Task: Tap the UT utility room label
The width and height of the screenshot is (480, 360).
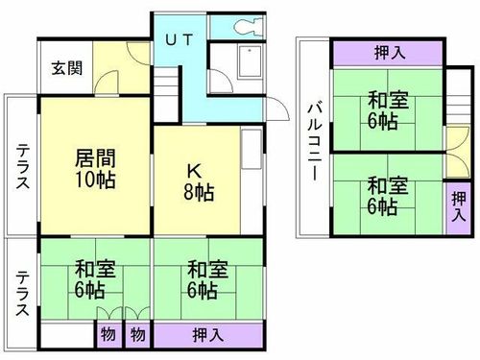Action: pyautogui.click(x=180, y=40)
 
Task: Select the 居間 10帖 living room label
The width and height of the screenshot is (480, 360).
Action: pyautogui.click(x=93, y=169)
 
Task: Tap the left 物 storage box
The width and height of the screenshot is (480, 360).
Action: pyautogui.click(x=105, y=335)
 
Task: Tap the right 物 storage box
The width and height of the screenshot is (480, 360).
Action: pyautogui.click(x=136, y=335)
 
